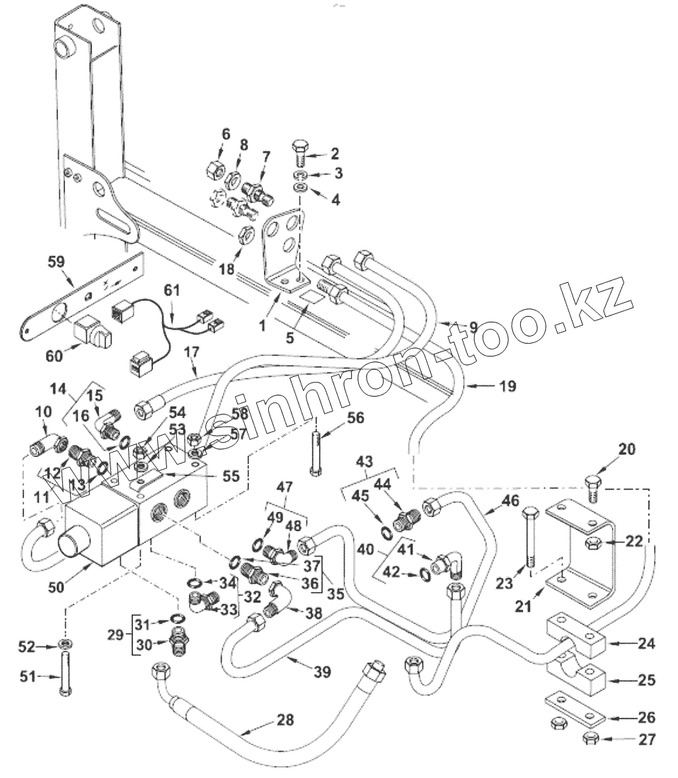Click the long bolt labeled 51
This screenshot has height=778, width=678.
point(65,675)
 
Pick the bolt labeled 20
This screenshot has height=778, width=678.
point(592,489)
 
